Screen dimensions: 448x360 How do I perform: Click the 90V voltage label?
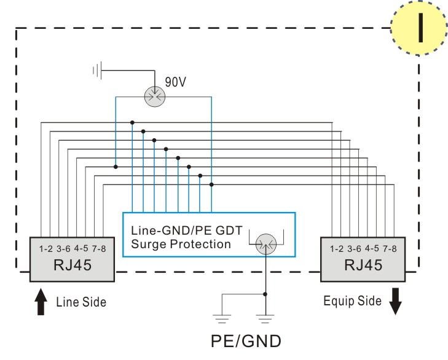[x=175, y=82]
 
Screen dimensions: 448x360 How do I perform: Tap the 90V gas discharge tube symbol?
[x=155, y=97]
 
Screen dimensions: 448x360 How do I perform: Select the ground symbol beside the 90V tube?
[x=98, y=70]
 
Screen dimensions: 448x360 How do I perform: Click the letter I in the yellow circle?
[x=420, y=28]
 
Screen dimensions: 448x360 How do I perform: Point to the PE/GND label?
[x=246, y=341]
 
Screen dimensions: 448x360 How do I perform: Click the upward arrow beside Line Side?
[x=41, y=302]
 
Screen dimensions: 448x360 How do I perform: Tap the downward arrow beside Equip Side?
[x=395, y=302]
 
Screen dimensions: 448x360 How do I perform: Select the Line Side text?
[x=81, y=302]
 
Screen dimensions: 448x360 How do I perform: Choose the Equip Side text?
[x=352, y=301]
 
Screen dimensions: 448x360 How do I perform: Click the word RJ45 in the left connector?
[x=73, y=265]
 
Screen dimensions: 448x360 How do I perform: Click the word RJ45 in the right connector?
[x=363, y=265]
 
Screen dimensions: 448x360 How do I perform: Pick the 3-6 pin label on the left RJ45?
[x=63, y=249]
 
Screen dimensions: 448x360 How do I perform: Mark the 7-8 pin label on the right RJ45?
[x=390, y=249]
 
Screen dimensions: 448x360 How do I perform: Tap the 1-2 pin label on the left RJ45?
[x=45, y=249]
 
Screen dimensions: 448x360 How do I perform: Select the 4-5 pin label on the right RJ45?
[x=372, y=248]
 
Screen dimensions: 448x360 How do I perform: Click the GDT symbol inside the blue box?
[x=266, y=245]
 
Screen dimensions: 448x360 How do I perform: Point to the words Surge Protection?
[x=181, y=245]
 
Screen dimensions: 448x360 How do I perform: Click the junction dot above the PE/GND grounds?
[x=265, y=294]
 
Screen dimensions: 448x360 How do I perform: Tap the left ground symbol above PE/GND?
[x=222, y=319]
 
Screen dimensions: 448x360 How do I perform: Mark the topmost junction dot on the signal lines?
[x=132, y=123]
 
